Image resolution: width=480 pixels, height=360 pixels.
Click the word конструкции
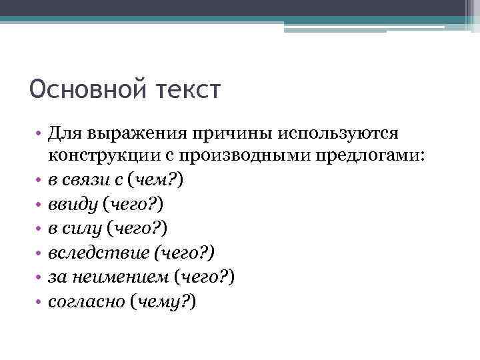(97, 156)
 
